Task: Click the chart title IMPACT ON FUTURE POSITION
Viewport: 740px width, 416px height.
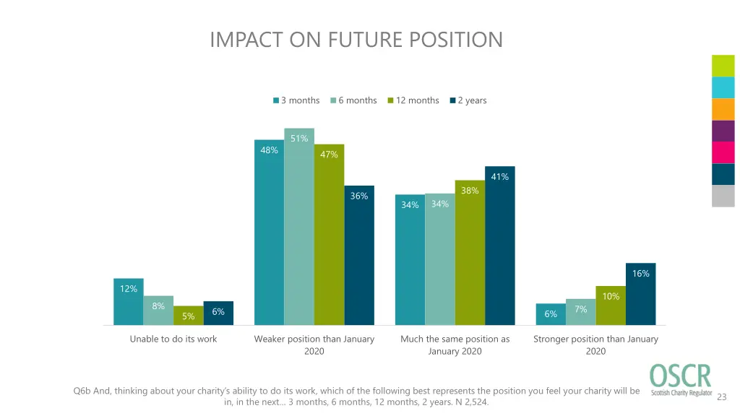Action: click(356, 39)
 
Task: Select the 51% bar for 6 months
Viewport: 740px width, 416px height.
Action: click(299, 227)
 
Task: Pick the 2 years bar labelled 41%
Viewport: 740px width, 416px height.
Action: click(499, 246)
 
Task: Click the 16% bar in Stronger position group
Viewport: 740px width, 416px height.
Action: click(640, 294)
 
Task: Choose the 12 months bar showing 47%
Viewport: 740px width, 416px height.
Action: click(329, 235)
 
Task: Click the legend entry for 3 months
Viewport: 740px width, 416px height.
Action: click(296, 100)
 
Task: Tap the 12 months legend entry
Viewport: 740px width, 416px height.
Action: click(413, 100)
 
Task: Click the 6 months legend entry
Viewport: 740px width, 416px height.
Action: click(354, 100)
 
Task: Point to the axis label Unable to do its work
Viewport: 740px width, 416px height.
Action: click(173, 339)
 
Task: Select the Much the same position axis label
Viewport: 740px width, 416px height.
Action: click(455, 344)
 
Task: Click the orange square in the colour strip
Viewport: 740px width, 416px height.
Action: click(723, 109)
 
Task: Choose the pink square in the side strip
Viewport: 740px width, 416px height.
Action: click(723, 152)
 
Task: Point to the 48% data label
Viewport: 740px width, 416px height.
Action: click(269, 150)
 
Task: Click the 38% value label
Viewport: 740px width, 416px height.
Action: click(470, 191)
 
